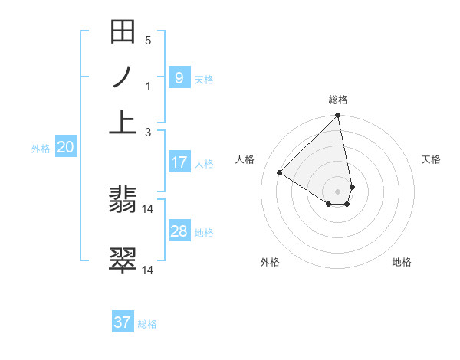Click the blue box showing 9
click(x=179, y=77)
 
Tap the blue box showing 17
click(x=179, y=162)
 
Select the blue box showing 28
click(x=179, y=231)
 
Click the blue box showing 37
click(x=123, y=322)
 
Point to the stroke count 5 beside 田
click(x=148, y=40)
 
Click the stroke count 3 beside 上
click(x=148, y=132)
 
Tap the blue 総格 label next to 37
click(x=147, y=324)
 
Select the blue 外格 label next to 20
click(x=40, y=149)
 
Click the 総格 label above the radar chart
click(x=338, y=100)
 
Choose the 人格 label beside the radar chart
click(x=245, y=159)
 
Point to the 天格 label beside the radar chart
click(x=431, y=159)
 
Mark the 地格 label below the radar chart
click(x=402, y=262)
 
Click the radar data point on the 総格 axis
click(x=338, y=116)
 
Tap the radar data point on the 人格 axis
click(x=280, y=172)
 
